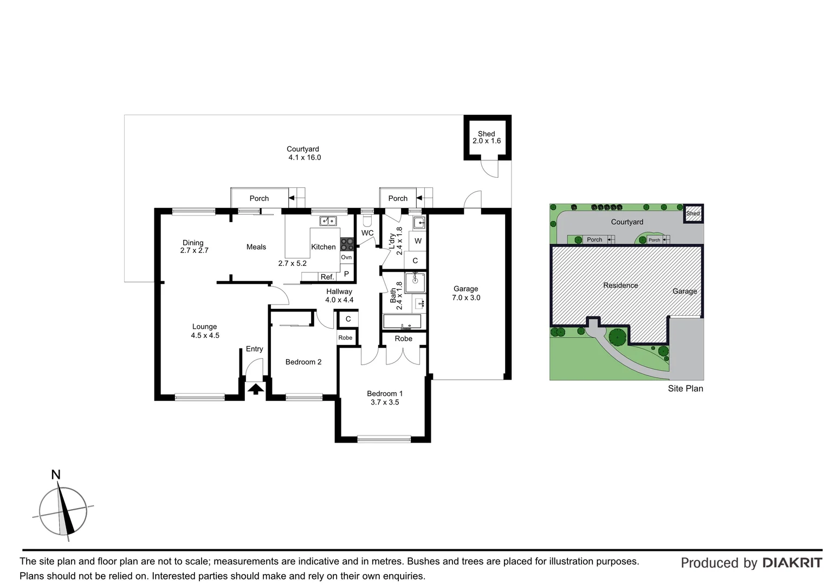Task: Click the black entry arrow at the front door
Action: coord(255,388)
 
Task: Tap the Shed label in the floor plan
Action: coord(486,134)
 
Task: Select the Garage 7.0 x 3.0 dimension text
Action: coord(466,297)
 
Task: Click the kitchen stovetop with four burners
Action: coord(347,245)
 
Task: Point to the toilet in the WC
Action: coord(367,220)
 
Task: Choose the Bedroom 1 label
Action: coord(384,394)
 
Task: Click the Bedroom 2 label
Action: coord(303,362)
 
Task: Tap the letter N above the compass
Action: coord(55,475)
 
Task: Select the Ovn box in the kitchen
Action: coord(346,257)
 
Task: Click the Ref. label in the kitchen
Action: coord(327,277)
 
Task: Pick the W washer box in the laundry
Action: coord(418,241)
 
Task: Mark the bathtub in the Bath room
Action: coord(402,321)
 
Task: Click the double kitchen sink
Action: coord(328,220)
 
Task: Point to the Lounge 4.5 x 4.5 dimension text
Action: coord(205,335)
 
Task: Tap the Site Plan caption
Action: coord(685,388)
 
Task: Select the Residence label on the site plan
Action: coord(620,285)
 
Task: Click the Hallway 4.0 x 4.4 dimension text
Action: coord(339,300)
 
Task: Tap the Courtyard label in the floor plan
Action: coord(303,149)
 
